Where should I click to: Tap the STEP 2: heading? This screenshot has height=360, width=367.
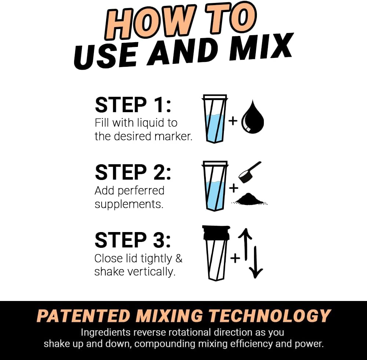133,172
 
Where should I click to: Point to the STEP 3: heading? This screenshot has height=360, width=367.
133,240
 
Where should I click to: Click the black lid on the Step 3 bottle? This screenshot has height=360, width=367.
216,233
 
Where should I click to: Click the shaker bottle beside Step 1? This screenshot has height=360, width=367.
215,119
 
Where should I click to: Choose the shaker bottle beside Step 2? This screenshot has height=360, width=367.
215,186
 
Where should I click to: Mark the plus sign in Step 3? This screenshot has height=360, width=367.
235,258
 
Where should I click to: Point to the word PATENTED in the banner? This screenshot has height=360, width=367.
84,316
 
